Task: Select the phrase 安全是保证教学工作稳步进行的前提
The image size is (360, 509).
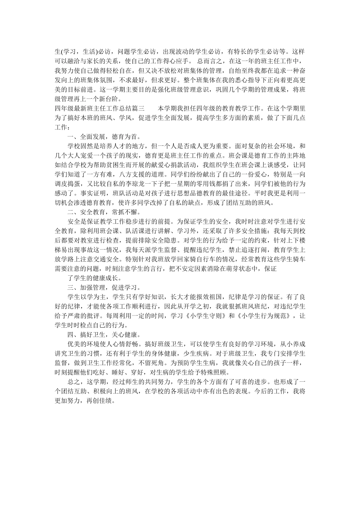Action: pos(121,221)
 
